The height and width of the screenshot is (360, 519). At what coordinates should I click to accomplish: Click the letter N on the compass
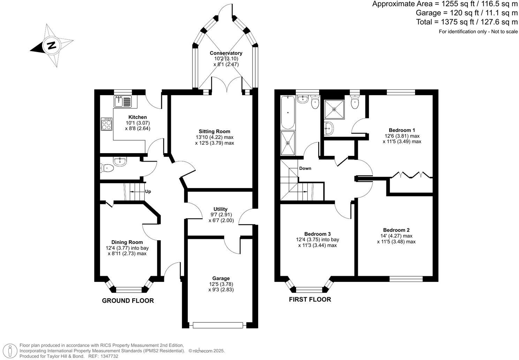[52, 45]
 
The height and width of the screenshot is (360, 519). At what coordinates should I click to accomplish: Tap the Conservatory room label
[226, 53]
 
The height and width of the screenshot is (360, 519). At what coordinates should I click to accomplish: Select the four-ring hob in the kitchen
[107, 124]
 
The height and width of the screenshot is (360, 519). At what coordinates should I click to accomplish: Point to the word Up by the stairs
[148, 192]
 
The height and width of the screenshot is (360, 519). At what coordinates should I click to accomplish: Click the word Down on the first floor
[305, 168]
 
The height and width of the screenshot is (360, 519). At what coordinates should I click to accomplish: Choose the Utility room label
[221, 209]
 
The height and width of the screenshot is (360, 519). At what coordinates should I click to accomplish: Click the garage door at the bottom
[217, 325]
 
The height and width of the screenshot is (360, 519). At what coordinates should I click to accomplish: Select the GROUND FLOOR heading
[128, 300]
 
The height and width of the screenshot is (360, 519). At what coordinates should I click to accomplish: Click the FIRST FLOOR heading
[310, 299]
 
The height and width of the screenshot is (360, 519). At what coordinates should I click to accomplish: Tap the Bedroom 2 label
[396, 230]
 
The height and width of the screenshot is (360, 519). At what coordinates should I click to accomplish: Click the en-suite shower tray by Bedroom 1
[334, 110]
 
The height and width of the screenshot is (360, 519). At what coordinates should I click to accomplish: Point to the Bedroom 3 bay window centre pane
[310, 289]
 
